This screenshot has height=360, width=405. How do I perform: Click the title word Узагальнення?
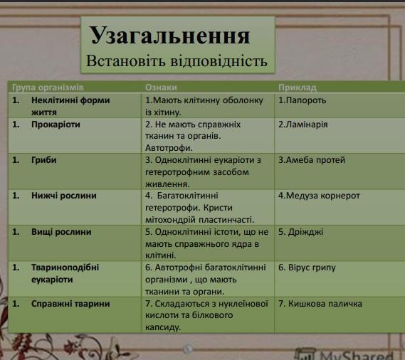[x=169, y=36]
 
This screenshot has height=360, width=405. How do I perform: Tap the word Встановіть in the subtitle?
[x=125, y=61]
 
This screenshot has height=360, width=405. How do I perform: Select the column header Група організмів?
[x=48, y=88]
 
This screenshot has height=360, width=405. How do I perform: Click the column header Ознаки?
[x=161, y=88]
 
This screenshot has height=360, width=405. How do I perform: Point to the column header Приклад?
[x=298, y=88]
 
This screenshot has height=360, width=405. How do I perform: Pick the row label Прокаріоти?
[x=56, y=125]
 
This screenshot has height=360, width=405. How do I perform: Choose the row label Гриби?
[x=43, y=160]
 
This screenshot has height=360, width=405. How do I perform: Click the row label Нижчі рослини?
[x=64, y=196]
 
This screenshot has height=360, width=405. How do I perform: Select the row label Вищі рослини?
[x=61, y=232]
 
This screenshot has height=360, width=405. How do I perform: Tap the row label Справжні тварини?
[x=70, y=304]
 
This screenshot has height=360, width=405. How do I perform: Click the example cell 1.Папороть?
[x=303, y=100]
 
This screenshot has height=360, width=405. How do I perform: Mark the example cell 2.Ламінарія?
[x=303, y=125]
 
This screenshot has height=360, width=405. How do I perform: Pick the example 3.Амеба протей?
[x=312, y=160]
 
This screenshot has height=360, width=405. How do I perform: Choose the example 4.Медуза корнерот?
[x=319, y=196]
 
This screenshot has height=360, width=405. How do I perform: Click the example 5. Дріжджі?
[x=300, y=232]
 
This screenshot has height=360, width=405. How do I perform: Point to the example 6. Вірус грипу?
[x=307, y=268]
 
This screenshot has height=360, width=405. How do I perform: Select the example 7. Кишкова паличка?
[x=320, y=304]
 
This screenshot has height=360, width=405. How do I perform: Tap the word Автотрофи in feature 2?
[x=169, y=148]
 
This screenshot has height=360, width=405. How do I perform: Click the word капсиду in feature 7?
[x=163, y=327]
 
